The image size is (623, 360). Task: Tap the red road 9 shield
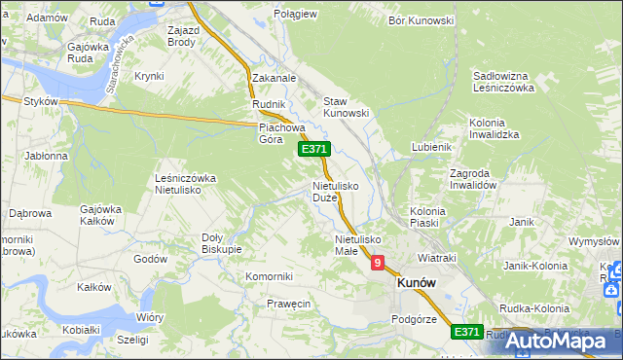(x=378, y=262)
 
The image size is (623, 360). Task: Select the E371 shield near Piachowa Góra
(x=314, y=148)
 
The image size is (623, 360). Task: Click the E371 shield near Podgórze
(x=467, y=332)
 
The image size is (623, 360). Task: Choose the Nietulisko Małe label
(x=357, y=244)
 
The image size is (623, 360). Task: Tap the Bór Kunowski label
(x=421, y=20)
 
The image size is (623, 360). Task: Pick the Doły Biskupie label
(x=221, y=242)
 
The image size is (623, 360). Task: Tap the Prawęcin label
(x=288, y=304)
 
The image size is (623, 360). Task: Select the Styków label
(x=42, y=101)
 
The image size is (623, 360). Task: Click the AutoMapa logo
(x=559, y=341)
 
